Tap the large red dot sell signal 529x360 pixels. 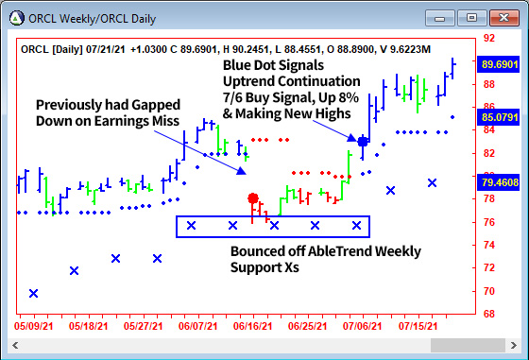[x=253, y=198]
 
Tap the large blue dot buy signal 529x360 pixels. [x=363, y=141]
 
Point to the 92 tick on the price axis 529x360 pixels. [x=488, y=38]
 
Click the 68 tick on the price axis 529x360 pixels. [x=488, y=314]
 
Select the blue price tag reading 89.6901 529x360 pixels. [x=500, y=63]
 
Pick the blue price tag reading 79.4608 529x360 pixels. [x=500, y=182]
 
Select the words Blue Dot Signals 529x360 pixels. [x=273, y=65]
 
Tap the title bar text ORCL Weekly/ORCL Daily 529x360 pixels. [x=94, y=17]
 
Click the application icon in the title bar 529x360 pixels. [x=16, y=17]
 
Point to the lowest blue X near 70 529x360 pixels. [x=34, y=293]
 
